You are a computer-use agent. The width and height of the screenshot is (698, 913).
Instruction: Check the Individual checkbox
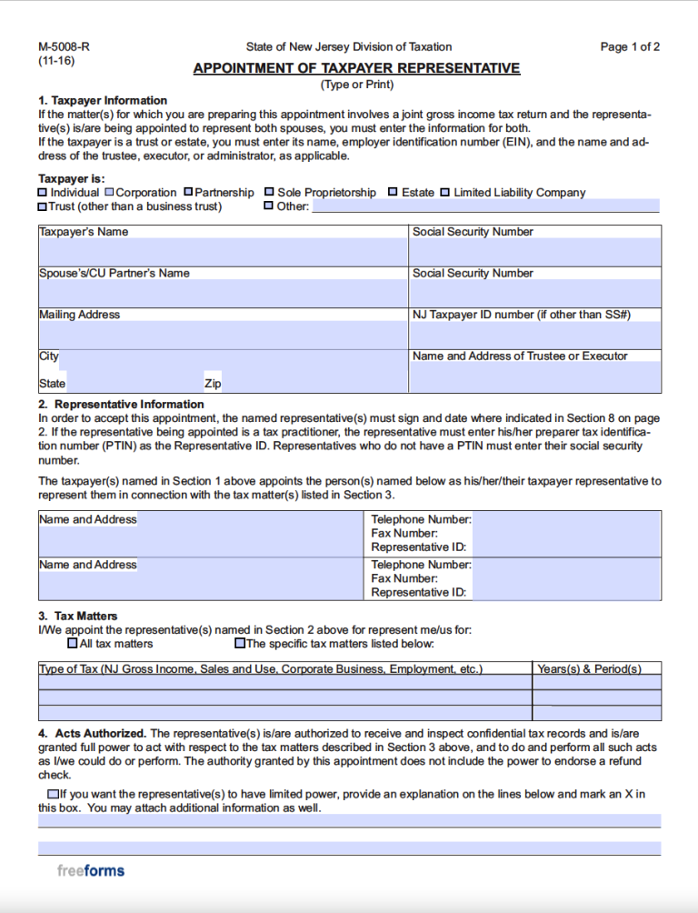point(43,193)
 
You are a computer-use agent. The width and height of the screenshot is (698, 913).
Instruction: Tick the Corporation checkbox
point(109,193)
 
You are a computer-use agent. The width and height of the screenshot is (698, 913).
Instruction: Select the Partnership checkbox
point(188,193)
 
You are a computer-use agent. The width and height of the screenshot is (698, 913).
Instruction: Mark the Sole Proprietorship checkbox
point(269,193)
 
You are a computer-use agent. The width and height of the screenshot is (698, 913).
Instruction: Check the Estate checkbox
point(393,193)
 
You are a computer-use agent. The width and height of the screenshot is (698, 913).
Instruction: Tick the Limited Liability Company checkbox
point(445,193)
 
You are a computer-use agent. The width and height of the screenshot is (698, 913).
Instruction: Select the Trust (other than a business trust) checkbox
point(43,206)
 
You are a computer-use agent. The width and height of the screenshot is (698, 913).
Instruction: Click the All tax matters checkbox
point(73,644)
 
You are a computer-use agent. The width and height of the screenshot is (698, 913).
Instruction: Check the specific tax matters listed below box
point(240,644)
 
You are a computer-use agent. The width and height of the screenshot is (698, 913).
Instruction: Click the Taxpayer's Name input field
point(223,252)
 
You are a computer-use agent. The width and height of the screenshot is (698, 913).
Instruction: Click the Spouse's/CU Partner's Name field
point(223,293)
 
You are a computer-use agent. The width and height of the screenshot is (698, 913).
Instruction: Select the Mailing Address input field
point(223,334)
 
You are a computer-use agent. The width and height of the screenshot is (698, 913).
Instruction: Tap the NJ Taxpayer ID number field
point(535,335)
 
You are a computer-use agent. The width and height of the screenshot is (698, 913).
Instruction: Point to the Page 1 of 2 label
point(630,47)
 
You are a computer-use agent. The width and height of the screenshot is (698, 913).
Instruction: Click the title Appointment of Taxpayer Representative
point(356,68)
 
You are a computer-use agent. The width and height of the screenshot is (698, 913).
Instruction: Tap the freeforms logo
point(91,870)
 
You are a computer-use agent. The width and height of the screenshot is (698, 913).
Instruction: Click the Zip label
point(213,384)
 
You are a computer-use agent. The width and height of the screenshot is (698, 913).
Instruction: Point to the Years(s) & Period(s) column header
point(589,669)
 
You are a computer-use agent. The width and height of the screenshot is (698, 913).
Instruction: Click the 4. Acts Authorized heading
point(92,733)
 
